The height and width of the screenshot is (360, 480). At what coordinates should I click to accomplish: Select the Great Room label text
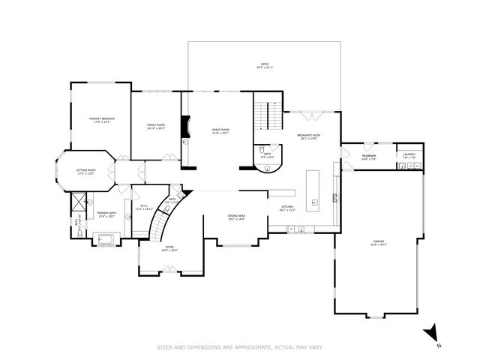pyautogui.click(x=220, y=130)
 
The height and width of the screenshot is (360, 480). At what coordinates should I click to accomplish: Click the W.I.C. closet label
pyautogui.click(x=144, y=207)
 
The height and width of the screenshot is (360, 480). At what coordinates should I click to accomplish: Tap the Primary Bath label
pyautogui.click(x=106, y=214)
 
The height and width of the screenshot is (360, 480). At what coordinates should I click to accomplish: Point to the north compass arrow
pyautogui.click(x=430, y=332)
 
